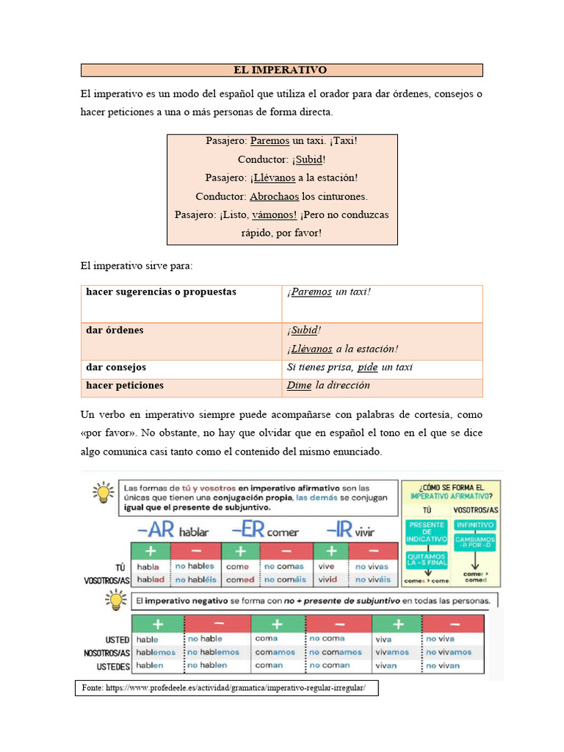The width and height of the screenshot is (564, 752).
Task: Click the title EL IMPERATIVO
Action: tap(281, 70)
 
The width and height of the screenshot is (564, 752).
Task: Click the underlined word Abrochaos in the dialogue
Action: tap(274, 197)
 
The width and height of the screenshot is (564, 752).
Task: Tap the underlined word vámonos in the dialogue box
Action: tap(274, 215)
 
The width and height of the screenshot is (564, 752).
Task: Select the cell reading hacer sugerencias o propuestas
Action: tap(162, 292)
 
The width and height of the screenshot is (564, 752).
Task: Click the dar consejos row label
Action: tap(116, 367)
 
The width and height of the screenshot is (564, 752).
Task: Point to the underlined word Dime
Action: tap(299, 386)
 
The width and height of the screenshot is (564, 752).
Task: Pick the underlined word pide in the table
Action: tap(367, 367)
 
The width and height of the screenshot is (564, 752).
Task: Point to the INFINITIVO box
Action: tap(475, 525)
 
